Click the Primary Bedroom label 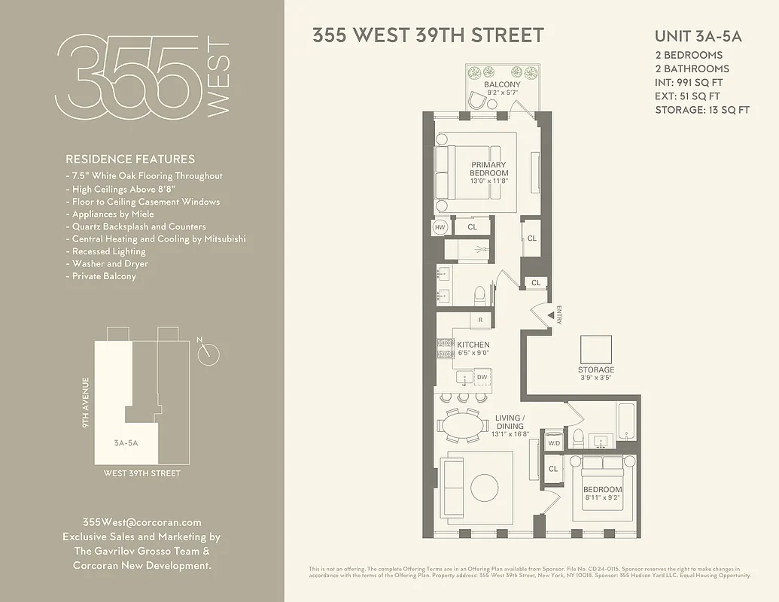point(489,169)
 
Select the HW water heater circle point(441,226)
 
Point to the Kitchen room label point(473,345)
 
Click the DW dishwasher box point(482,376)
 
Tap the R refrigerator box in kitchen point(480,320)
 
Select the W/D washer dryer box point(554,442)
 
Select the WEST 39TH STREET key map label point(142,473)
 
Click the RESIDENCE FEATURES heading point(130,160)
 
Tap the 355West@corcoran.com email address point(141,522)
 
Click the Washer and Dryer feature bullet point(110,264)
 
